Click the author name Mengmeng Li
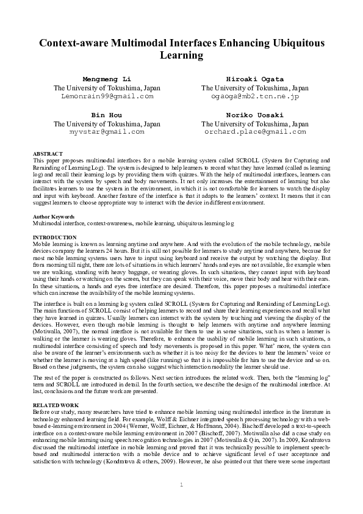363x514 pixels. coord(107,79)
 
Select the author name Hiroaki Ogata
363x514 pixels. coord(255,79)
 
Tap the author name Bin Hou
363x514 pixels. coord(107,115)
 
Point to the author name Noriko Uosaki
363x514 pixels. coord(255,115)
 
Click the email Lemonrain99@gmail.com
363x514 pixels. coord(107,96)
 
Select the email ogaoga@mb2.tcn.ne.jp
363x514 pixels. coord(255,96)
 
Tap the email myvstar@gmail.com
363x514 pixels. coord(107,131)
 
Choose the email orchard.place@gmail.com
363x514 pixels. coord(255,131)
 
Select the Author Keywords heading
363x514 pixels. coord(53,217)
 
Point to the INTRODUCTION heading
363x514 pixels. coord(54,236)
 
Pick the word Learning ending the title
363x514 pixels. coord(181,56)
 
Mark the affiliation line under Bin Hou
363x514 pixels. coord(107,123)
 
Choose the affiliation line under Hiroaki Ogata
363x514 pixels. coord(255,88)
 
